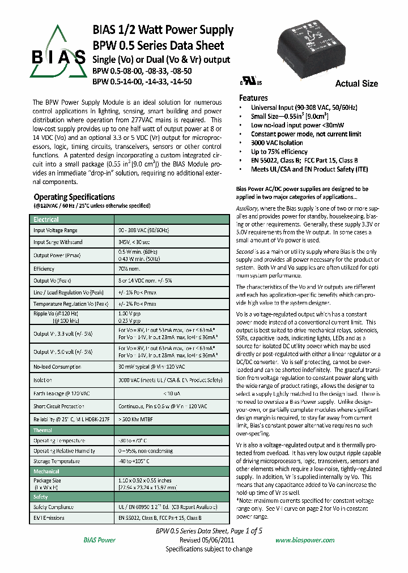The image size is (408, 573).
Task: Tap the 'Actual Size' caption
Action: [x=356, y=84]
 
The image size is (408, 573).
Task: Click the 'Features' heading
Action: [x=253, y=98]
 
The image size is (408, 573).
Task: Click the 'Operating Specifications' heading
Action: [x=74, y=197]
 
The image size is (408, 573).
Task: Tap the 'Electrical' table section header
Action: [x=46, y=219]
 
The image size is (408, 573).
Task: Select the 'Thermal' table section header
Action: [x=43, y=430]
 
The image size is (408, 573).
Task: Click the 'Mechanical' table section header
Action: [x=46, y=471]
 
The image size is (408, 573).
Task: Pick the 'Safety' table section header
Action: [x=41, y=497]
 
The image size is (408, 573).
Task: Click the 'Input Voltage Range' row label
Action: [x=56, y=230]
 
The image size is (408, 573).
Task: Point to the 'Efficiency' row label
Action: [x=44, y=269]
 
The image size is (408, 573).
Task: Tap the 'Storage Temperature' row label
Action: [x=56, y=461]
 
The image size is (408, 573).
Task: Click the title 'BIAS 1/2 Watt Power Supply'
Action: [x=163, y=30]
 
